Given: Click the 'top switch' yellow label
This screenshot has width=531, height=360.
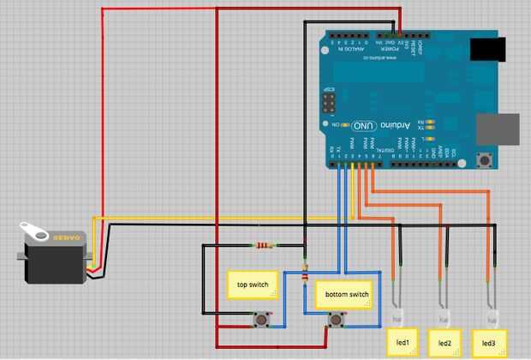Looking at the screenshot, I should pyautogui.click(x=253, y=284).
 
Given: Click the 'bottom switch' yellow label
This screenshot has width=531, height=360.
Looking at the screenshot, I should pyautogui.click(x=347, y=294).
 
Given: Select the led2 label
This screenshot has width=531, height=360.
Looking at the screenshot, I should pyautogui.click(x=444, y=342).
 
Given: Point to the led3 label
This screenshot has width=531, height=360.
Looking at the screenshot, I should pyautogui.click(x=488, y=342).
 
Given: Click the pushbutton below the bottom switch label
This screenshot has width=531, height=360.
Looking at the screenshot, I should pyautogui.click(x=337, y=321).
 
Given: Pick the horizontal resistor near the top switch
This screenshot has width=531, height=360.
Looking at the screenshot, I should pyautogui.click(x=264, y=246).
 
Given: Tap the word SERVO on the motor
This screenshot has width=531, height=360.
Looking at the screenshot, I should pyautogui.click(x=67, y=237).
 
